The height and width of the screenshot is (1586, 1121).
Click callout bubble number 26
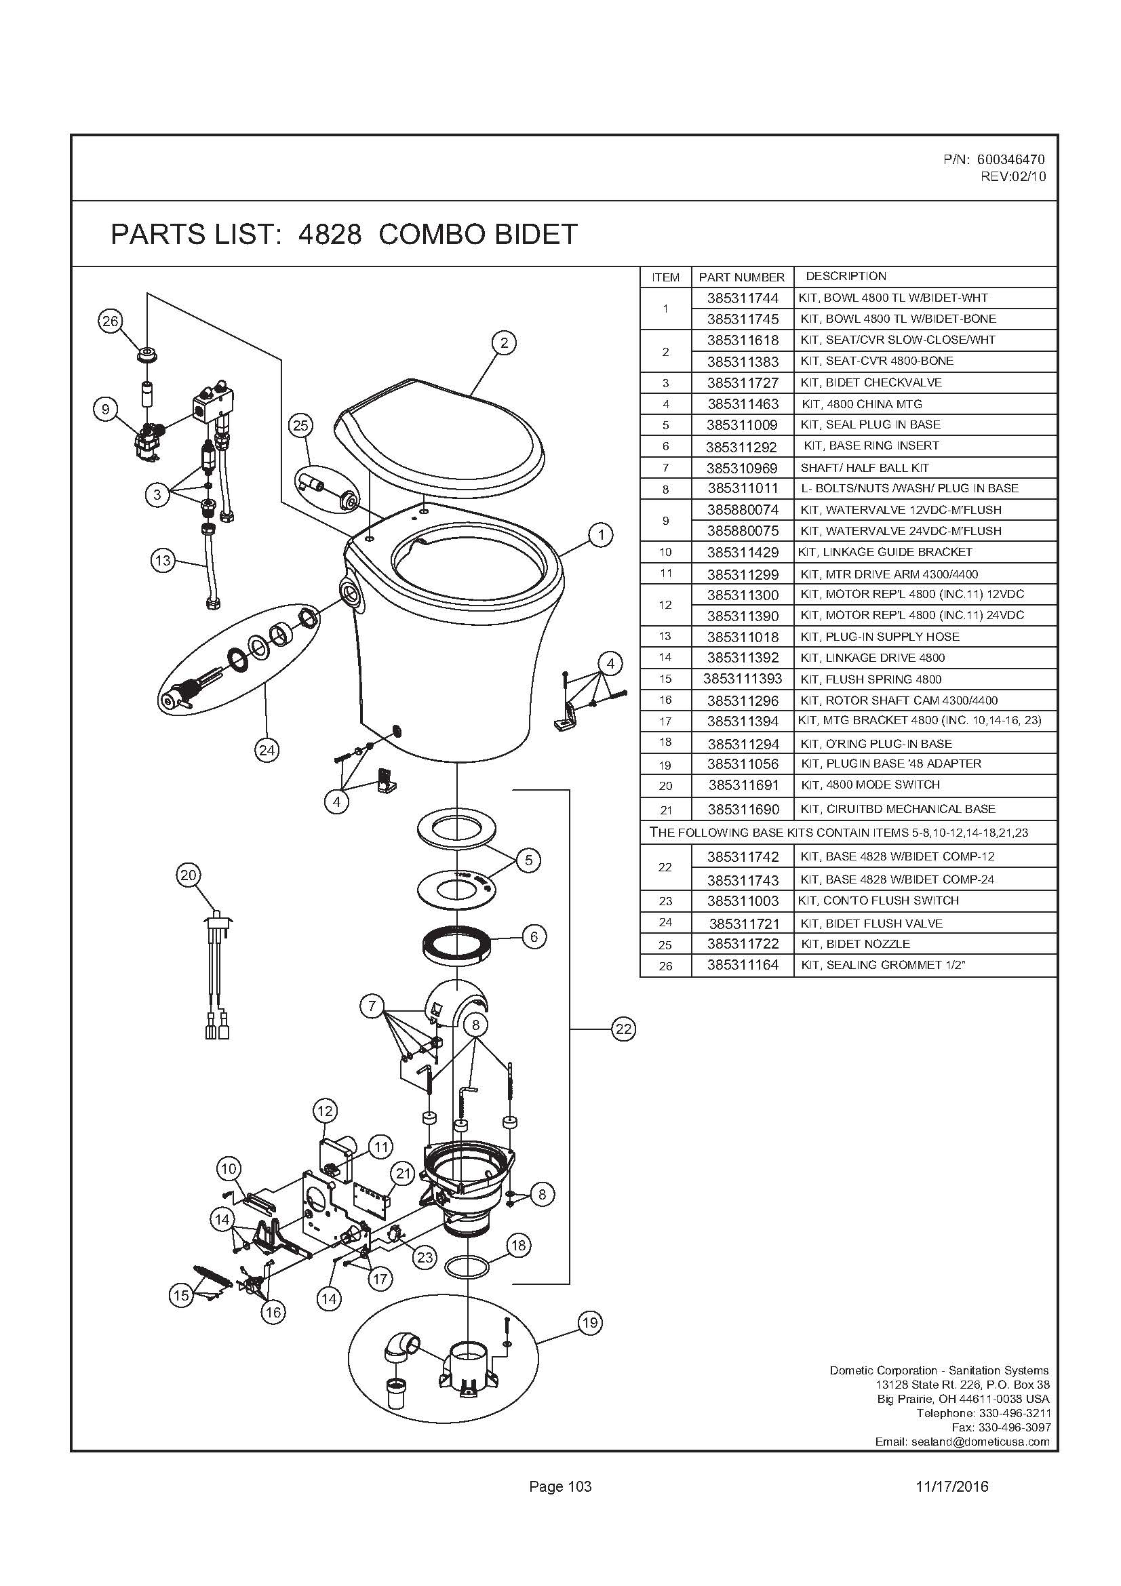(111, 321)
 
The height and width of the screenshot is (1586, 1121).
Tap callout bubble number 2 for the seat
(504, 342)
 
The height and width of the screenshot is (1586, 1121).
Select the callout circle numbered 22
(623, 1029)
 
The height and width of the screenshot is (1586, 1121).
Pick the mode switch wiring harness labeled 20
(217, 974)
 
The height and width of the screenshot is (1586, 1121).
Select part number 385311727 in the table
(743, 382)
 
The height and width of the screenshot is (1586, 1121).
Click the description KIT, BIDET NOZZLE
(855, 944)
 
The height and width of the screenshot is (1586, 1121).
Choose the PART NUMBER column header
(742, 278)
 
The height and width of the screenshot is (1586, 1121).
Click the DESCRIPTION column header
(846, 276)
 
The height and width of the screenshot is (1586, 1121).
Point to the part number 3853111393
(743, 679)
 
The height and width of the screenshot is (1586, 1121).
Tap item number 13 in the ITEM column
(665, 636)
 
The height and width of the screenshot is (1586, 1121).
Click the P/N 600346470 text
(994, 159)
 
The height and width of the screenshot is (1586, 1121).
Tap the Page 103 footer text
(560, 1486)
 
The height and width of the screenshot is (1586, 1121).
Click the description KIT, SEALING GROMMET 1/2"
(882, 965)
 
